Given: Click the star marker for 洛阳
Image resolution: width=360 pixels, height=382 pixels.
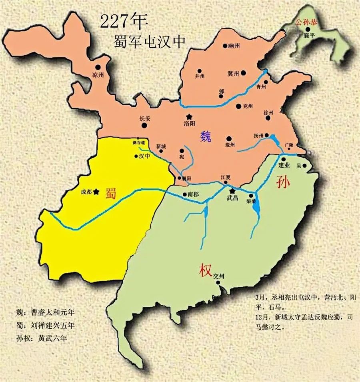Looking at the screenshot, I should [188, 116].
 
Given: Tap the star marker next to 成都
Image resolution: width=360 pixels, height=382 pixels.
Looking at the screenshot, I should [96, 192].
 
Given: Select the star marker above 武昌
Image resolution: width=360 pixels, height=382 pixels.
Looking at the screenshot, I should [231, 191].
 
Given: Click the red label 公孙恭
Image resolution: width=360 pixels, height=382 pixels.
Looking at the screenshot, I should [306, 22].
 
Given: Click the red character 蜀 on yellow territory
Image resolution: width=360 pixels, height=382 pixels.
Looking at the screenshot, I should [111, 193].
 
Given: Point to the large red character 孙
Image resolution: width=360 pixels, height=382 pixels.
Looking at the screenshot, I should [283, 182].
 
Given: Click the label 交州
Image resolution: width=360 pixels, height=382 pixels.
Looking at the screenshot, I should [219, 276].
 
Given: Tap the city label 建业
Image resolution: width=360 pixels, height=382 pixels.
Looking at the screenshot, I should [284, 165].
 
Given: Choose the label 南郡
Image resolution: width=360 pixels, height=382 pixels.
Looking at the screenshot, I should [193, 194].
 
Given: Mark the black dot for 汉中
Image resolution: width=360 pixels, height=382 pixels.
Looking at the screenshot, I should [136, 157].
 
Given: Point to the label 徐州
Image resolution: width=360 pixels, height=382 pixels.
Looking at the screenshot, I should [268, 113].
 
